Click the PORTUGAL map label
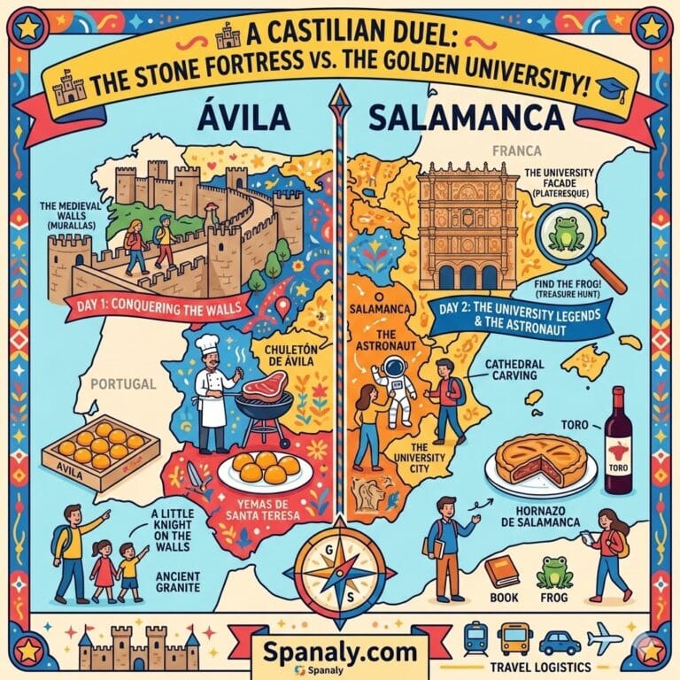(x=124, y=385)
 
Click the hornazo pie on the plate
(x=541, y=460)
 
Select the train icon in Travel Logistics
(x=475, y=636)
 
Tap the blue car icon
(x=560, y=639)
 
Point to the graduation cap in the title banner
(x=614, y=87)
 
